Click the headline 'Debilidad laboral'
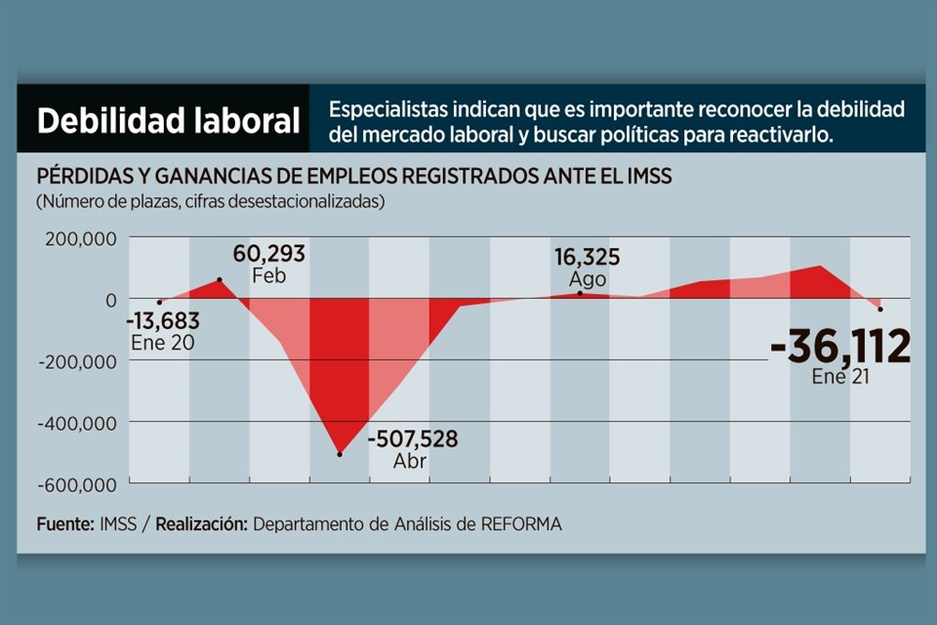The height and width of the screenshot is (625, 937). coord(168,122)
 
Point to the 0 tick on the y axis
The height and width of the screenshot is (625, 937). coord(111,300)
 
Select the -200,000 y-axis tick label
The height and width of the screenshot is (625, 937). coord(77,361)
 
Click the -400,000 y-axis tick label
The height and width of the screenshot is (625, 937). coord(77,423)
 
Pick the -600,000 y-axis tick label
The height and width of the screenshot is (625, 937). coord(77,484)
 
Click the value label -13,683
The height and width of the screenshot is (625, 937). coord(162,320)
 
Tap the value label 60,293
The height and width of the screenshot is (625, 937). coord(268,255)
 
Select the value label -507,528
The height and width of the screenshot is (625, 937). coord(412,439)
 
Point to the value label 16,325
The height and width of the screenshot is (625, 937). coord(588,258)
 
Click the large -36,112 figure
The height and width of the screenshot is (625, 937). coord(839,347)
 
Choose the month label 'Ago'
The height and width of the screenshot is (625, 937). coord(587,279)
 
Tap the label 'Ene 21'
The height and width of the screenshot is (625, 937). coord(840,377)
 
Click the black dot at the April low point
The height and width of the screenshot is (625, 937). coord(340,454)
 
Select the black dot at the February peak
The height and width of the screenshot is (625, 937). coord(220,280)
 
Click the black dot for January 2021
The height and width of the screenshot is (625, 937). coord(880,310)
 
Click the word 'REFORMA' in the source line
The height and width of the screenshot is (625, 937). coord(521,524)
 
